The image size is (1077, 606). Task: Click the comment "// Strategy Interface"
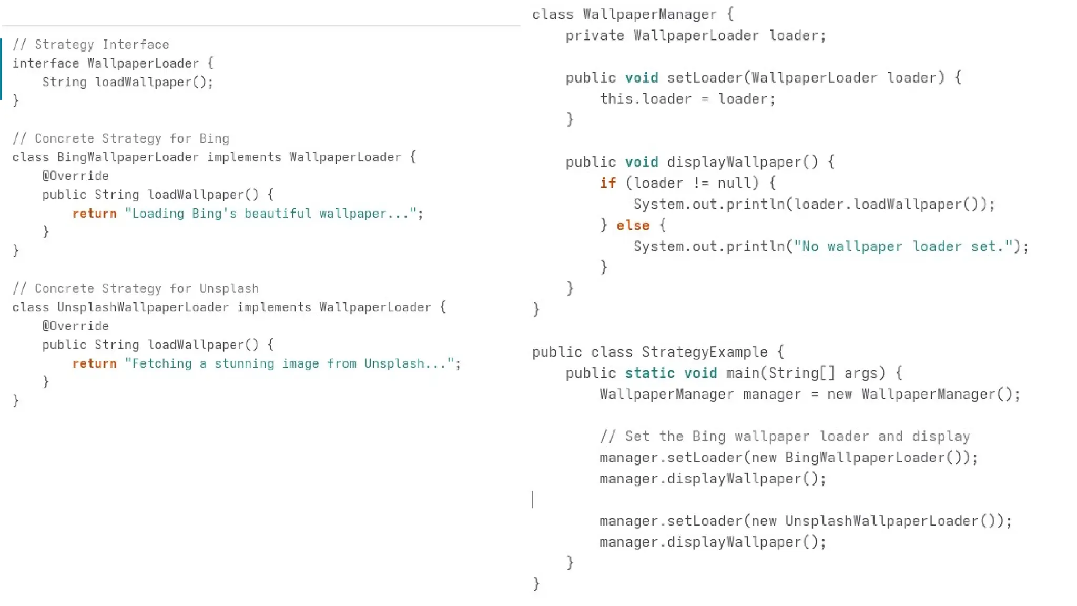90,45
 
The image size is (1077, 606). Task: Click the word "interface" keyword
45,64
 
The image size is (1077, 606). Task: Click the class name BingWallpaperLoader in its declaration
128,157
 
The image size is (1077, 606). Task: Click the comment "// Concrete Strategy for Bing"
120,138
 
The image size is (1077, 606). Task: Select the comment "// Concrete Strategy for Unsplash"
135,289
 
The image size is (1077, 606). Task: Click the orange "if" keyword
608,183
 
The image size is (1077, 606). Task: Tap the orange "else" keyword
633,226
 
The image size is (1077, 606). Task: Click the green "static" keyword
649,373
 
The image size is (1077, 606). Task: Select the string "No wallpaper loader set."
903,247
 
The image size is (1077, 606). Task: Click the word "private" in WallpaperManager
595,36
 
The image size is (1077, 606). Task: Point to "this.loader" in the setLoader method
646,99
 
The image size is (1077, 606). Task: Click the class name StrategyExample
705,352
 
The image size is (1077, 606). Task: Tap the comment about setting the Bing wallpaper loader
785,437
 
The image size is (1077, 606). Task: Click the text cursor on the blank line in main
533,500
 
